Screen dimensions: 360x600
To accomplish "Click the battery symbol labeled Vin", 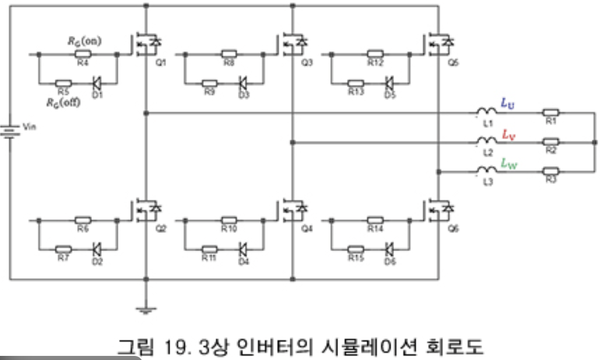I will (10, 131).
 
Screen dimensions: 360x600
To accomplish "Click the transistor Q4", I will (291, 209).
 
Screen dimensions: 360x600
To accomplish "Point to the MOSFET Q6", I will (437, 209).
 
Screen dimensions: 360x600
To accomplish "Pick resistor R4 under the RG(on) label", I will (82, 53).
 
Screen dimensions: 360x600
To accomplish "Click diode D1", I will (97, 83).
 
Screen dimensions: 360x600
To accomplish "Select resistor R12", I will (375, 53).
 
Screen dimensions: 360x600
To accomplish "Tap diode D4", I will (243, 249).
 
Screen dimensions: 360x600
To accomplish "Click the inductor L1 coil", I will (486, 112).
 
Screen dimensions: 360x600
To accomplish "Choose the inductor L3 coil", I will (486, 172).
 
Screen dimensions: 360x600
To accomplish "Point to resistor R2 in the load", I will (551, 142).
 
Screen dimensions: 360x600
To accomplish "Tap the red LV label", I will (508, 134).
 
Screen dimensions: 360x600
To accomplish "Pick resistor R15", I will (356, 249).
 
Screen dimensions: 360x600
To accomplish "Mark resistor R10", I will (228, 219).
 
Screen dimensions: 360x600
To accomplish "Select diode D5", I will (389, 83).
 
